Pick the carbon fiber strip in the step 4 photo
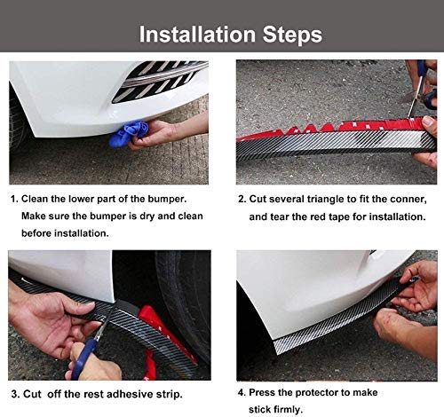click(x=329, y=335)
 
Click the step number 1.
click(x=14, y=201)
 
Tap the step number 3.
click(x=14, y=393)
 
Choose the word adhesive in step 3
click(x=147, y=393)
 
